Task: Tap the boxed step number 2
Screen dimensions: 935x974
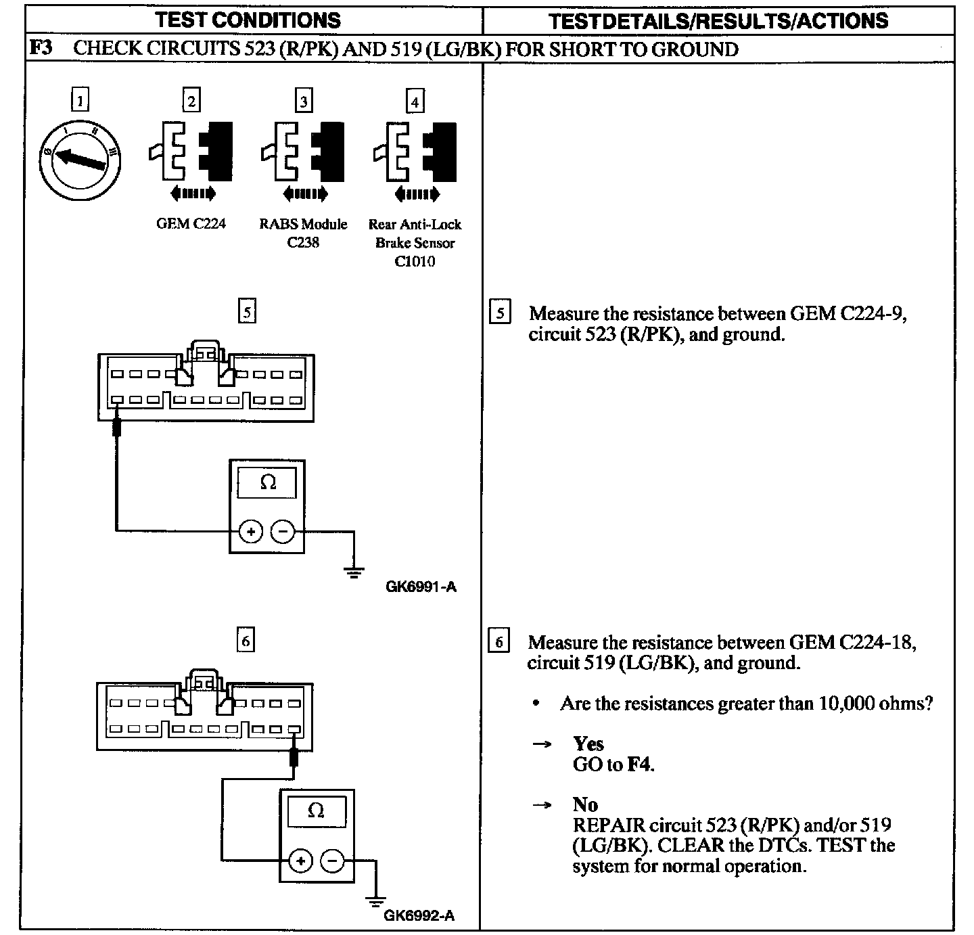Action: tap(191, 101)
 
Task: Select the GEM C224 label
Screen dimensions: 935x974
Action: tap(191, 224)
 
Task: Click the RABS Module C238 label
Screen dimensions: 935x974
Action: tap(303, 233)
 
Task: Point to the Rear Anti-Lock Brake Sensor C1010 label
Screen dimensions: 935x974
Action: tap(415, 242)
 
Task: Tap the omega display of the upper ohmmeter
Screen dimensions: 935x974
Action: tap(268, 482)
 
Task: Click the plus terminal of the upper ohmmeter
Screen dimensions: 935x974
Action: tap(251, 532)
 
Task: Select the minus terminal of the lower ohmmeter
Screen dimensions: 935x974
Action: tap(332, 861)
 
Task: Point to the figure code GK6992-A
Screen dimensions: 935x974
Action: tap(419, 916)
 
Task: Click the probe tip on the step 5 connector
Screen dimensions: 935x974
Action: tap(117, 426)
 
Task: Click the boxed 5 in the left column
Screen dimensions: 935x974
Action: tap(248, 312)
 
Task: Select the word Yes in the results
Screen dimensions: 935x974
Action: tap(588, 744)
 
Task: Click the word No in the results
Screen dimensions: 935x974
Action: tap(586, 804)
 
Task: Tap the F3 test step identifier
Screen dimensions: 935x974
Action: tap(42, 49)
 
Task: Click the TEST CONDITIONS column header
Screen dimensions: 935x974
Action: tap(248, 20)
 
